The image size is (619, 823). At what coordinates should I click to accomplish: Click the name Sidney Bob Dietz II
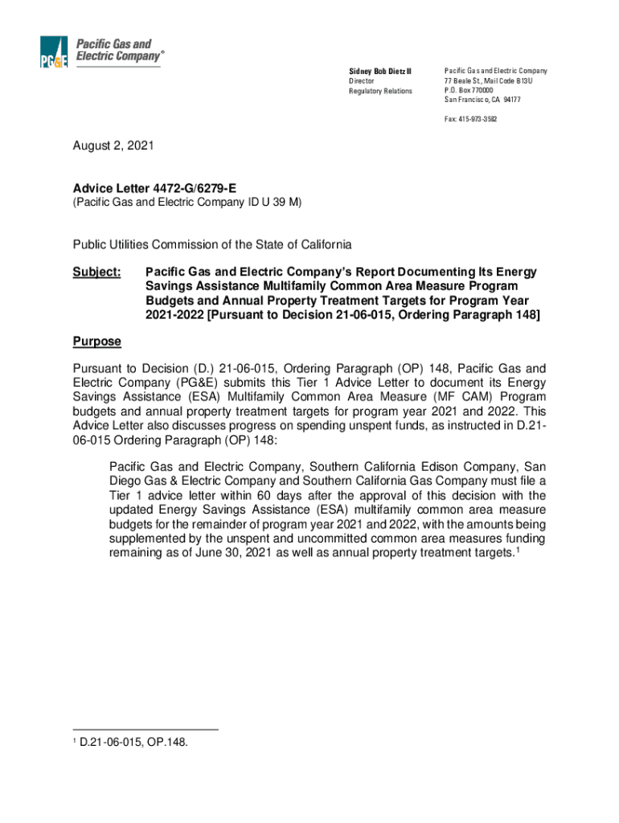click(379, 72)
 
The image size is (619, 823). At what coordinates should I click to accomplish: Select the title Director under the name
click(361, 81)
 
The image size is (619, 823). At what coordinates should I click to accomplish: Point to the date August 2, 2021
click(113, 147)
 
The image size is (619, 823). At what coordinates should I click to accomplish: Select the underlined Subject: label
click(96, 272)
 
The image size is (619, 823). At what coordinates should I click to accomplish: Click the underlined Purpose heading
click(96, 342)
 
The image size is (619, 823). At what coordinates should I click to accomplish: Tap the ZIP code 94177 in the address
click(509, 100)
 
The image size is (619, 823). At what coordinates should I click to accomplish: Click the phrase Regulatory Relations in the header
click(379, 91)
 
